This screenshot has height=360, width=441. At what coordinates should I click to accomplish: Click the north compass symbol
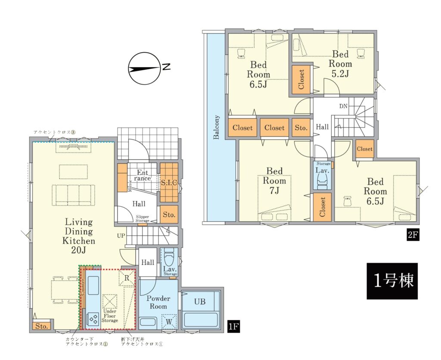[x=144, y=68]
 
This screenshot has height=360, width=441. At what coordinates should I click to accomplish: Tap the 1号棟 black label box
[x=392, y=281]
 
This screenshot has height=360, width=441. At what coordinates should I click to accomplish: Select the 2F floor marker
[x=412, y=235]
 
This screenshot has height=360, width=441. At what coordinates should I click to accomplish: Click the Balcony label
[x=216, y=127]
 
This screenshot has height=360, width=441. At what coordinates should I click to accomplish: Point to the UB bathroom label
[x=200, y=301]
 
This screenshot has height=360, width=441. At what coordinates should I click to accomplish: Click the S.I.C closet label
[x=169, y=183]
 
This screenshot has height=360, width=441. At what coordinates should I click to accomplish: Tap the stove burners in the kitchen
[x=93, y=319]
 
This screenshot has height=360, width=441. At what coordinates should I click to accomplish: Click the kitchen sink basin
[x=93, y=286]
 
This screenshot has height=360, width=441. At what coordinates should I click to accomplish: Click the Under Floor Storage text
[x=110, y=316]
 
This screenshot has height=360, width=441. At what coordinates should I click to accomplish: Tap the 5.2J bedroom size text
[x=340, y=74]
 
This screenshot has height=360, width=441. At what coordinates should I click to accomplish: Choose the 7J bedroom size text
[x=274, y=190]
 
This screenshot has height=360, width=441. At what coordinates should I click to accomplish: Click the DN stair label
[x=343, y=106]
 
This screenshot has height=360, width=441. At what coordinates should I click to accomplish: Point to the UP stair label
[x=121, y=236]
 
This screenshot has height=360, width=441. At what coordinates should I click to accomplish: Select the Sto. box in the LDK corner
[x=42, y=326]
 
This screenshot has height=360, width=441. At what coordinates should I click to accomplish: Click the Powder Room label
[x=158, y=302]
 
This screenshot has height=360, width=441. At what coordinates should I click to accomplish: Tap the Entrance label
[x=142, y=176]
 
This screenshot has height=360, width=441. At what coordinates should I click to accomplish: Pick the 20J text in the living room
[x=78, y=250]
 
